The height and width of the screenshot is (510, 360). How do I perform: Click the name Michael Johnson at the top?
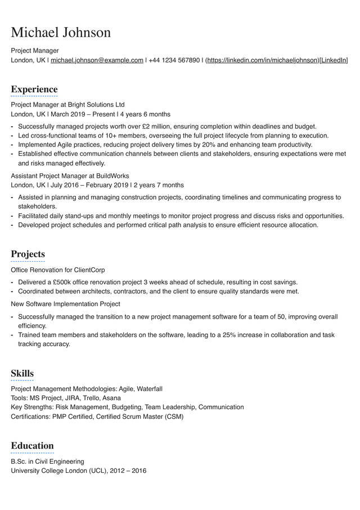point(61,32)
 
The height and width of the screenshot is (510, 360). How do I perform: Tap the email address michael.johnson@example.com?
point(97,60)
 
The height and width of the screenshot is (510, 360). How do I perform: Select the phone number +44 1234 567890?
point(174,60)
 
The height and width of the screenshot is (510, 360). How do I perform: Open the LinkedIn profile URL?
point(263,60)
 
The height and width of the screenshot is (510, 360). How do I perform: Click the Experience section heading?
point(34,89)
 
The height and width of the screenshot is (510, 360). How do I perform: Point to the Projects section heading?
point(28,254)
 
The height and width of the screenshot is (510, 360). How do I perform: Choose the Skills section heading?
point(22,373)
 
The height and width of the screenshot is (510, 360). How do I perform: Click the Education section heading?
point(33,445)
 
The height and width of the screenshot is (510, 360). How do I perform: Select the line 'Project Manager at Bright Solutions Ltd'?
point(67,105)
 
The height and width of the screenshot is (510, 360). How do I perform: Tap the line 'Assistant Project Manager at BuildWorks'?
point(70,176)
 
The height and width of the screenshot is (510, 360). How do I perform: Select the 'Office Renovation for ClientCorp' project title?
point(58,270)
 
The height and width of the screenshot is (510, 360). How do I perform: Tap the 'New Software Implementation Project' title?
point(65,304)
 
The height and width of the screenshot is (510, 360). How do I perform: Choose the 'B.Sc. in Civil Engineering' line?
point(47,462)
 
